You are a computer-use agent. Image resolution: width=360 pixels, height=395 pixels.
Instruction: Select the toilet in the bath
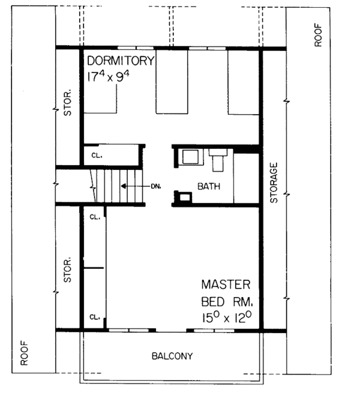217,160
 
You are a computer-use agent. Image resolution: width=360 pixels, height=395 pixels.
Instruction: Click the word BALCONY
172,356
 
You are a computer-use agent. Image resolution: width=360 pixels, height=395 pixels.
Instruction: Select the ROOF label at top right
317,34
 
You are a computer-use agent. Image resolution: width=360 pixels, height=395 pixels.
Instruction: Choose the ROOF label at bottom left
25,354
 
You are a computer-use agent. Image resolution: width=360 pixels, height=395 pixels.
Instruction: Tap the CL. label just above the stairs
95,155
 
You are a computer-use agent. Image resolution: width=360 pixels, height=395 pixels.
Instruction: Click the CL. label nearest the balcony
94,316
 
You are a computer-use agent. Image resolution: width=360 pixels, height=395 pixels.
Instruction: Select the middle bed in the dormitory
172,81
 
